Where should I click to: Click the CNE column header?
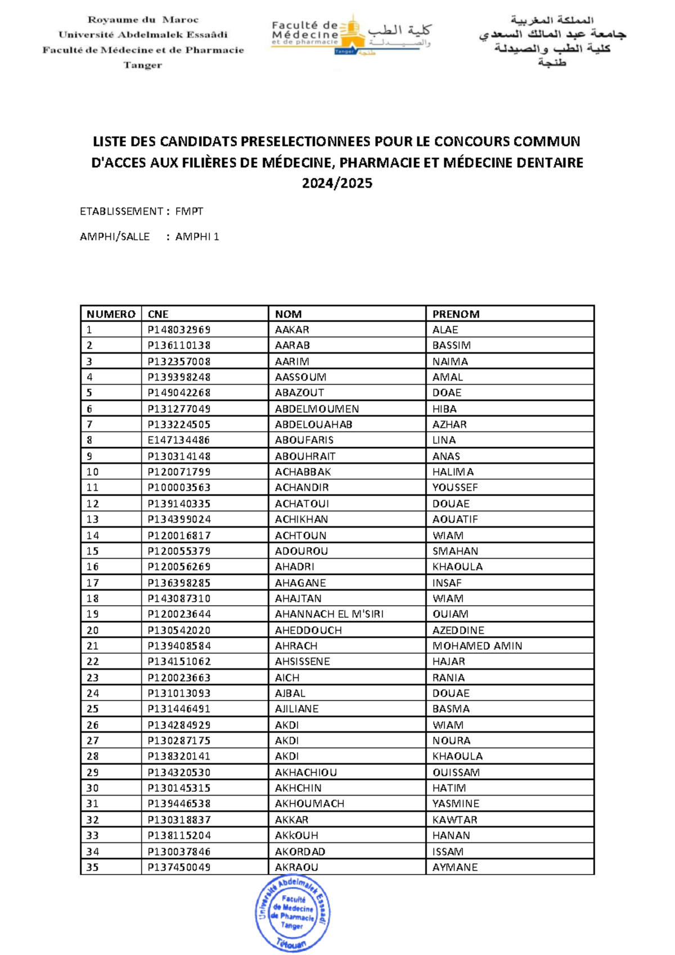(x=158, y=314)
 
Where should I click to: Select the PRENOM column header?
(x=456, y=314)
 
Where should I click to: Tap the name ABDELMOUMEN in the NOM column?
(x=317, y=409)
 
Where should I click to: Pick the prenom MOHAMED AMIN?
(x=477, y=646)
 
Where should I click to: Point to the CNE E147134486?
(x=179, y=440)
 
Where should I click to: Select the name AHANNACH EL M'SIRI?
(x=329, y=614)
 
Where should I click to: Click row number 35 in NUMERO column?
(x=93, y=867)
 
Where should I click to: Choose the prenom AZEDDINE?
(x=458, y=630)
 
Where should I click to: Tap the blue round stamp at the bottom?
(x=292, y=913)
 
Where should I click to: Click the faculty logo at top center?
(x=350, y=35)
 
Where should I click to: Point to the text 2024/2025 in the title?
(x=337, y=183)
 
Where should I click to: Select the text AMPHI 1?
(x=197, y=236)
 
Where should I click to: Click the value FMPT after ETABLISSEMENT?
(x=189, y=211)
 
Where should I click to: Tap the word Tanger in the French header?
(x=143, y=65)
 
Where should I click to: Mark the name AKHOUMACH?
(x=309, y=804)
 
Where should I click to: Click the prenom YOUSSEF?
(x=454, y=488)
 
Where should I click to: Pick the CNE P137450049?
(x=179, y=867)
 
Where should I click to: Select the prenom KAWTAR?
(x=454, y=820)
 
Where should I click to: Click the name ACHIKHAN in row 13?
(x=301, y=519)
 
